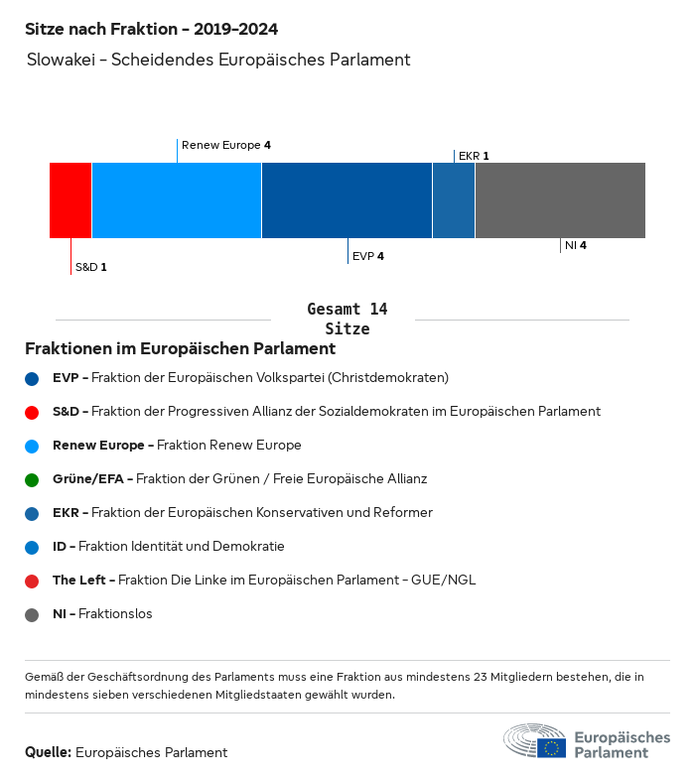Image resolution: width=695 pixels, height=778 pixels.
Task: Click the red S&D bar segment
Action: tap(70, 200)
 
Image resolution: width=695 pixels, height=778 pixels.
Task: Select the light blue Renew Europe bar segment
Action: tap(177, 200)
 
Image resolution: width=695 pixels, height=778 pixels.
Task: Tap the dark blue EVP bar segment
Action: tap(347, 200)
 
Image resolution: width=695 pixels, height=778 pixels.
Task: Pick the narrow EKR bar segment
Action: tap(454, 200)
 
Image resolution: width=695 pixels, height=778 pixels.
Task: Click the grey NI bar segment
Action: tap(560, 200)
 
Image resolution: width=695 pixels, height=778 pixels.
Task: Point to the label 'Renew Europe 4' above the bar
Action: tap(226, 145)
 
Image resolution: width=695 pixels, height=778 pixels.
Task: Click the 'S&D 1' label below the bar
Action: tap(90, 267)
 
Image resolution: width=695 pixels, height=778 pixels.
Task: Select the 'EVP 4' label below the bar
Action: tap(367, 256)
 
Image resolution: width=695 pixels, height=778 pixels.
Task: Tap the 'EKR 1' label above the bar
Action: tap(474, 156)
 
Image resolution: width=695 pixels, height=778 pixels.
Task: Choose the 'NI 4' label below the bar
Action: tap(576, 245)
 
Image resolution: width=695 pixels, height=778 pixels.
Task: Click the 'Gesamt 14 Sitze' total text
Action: tap(347, 320)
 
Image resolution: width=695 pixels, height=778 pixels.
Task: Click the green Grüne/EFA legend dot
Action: tap(32, 479)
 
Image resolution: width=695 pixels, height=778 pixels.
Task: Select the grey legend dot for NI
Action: tap(32, 614)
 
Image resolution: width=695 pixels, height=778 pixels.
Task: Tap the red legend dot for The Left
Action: tap(32, 581)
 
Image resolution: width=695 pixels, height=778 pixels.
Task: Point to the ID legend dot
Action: tap(32, 547)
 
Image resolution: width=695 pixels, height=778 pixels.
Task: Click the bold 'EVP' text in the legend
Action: tap(65, 377)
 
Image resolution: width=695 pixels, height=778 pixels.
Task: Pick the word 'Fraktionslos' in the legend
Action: tap(117, 614)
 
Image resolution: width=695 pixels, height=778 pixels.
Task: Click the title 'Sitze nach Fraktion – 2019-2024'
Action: tap(151, 30)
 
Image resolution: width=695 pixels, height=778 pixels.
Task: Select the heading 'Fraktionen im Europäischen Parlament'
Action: tap(180, 349)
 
